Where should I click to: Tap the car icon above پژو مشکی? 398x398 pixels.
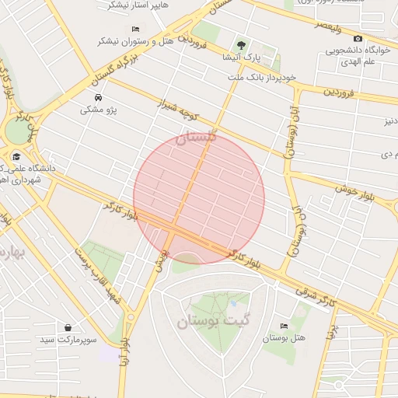tap(99, 97)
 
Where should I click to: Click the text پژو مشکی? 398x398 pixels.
tap(99, 110)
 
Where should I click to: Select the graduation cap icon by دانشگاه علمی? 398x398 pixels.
tap(16, 155)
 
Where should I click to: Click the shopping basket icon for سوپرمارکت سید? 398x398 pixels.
tap(69, 328)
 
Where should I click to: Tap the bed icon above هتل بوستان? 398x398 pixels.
tap(283, 326)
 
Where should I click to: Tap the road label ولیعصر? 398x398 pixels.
tap(330, 29)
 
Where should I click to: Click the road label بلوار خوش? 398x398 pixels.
tap(355, 187)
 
